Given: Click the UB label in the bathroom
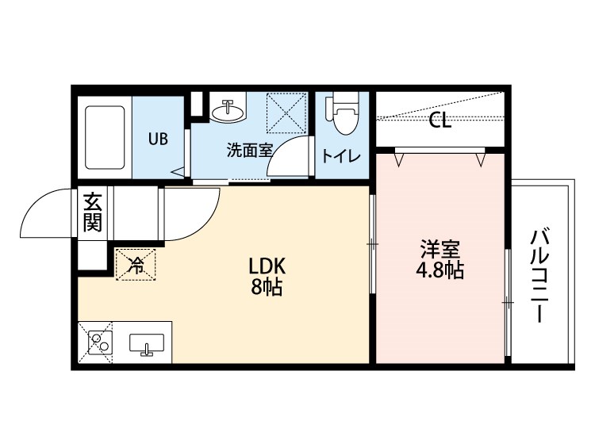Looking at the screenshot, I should (158, 138).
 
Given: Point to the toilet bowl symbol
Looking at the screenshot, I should (344, 116).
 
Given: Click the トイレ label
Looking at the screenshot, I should (341, 155).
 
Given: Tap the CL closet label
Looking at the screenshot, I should (440, 121).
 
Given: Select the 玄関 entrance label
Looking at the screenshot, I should (93, 212).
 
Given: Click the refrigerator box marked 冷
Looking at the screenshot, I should (136, 265).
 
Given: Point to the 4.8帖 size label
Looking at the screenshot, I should (440, 270).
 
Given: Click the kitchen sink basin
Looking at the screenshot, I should (146, 344).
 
